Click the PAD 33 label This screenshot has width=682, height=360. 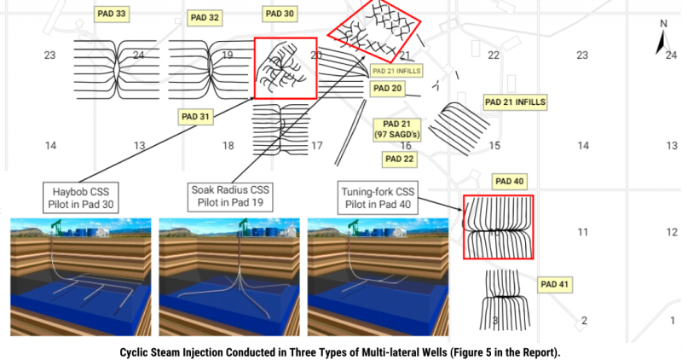(110, 15)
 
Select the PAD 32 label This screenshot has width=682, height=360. (205, 17)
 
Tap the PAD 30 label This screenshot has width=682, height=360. (279, 15)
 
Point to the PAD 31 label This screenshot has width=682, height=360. (197, 117)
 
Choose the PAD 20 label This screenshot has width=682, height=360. (386, 89)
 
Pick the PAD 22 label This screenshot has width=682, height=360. (399, 159)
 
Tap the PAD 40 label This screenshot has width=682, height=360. (509, 181)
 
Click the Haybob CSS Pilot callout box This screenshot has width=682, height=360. (82, 196)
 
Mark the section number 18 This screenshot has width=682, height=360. (228, 146)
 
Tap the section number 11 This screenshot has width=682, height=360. (583, 231)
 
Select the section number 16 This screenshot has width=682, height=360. (406, 146)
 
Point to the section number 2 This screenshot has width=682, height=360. (584, 321)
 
